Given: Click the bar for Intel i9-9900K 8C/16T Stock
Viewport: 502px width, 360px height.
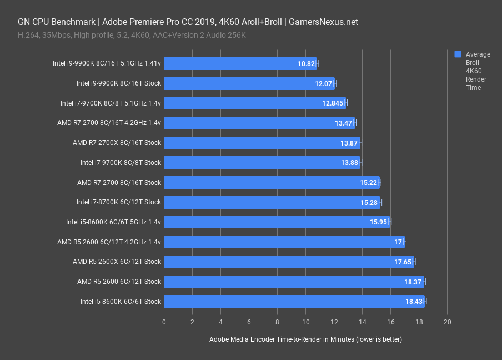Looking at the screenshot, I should point(249,83).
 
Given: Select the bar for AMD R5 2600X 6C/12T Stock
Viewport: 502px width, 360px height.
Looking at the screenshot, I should point(289,262).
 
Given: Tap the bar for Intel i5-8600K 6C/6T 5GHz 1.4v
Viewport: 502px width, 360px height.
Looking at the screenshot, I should point(277,222).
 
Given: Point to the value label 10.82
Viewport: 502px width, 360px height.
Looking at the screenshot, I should point(307,64).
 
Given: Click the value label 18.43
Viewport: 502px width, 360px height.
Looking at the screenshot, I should point(414,302).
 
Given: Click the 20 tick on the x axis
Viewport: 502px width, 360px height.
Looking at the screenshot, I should point(448,322).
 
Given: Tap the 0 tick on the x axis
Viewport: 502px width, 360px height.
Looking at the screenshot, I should point(164,322).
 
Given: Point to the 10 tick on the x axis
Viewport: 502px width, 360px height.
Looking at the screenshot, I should point(305,322).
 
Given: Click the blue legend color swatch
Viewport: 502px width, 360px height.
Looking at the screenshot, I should point(458,54).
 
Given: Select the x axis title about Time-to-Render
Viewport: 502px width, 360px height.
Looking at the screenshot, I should point(305,339).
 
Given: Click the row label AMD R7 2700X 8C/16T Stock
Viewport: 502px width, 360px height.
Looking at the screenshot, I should point(117,143).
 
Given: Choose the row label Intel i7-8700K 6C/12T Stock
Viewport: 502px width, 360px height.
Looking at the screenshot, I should point(119,202).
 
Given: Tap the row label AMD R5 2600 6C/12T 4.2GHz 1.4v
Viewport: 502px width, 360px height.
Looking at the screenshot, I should point(109,242).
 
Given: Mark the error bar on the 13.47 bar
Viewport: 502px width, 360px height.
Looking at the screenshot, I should point(355,123).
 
